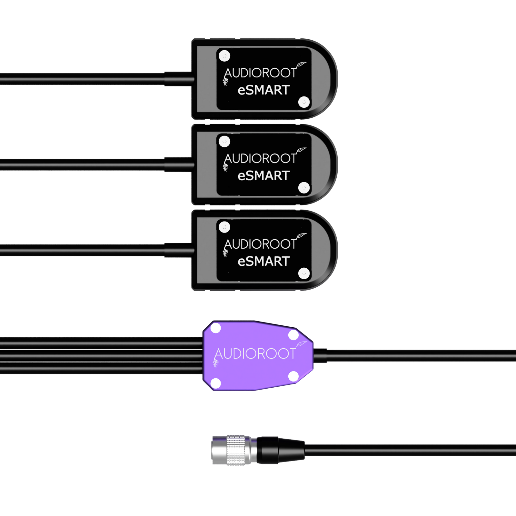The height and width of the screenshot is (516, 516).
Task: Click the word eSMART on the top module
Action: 263,90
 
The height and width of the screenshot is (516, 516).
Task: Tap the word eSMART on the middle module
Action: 263,176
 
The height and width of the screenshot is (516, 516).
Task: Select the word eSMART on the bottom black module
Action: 263,261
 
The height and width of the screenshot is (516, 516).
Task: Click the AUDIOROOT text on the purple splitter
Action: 255,354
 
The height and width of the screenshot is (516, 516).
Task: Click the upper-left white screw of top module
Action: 224,56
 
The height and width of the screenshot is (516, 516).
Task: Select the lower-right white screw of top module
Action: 304,102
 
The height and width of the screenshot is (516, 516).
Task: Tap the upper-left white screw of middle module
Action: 224,141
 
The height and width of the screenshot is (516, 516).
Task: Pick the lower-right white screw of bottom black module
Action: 304,273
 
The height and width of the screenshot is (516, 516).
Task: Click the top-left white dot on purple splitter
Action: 216,329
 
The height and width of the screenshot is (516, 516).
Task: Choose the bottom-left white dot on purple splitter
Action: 216,383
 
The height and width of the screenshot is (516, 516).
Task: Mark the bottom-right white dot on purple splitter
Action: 293,376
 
